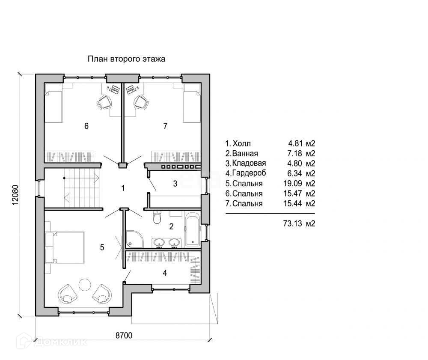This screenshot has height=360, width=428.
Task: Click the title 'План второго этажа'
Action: pyautogui.click(x=126, y=59)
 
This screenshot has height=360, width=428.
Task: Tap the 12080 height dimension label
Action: pyautogui.click(x=15, y=195)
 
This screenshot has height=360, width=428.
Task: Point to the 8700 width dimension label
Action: pyautogui.click(x=124, y=335)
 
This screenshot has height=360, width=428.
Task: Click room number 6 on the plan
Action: pyautogui.click(x=86, y=126)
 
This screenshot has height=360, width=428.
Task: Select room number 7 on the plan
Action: pyautogui.click(x=165, y=126)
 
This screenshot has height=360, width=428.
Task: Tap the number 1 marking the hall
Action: pyautogui.click(x=123, y=188)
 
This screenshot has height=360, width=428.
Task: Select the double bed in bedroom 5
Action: pyautogui.click(x=68, y=247)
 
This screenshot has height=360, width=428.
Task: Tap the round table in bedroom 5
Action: pyautogui.click(x=85, y=285)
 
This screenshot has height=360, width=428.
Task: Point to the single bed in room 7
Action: pyautogui.click(x=192, y=103)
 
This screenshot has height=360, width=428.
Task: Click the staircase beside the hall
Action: pyautogui.click(x=82, y=188)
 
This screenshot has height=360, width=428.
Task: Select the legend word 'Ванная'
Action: pyautogui.click(x=245, y=153)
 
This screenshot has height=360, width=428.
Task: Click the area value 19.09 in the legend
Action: pyautogui.click(x=293, y=183)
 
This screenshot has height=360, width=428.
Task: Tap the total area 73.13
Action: pyautogui.click(x=293, y=223)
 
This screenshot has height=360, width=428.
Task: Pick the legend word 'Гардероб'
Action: pyautogui.click(x=249, y=173)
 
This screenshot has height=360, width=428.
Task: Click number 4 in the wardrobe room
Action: pyautogui.click(x=165, y=273)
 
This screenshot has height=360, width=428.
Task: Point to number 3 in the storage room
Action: pyautogui.click(x=175, y=183)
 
